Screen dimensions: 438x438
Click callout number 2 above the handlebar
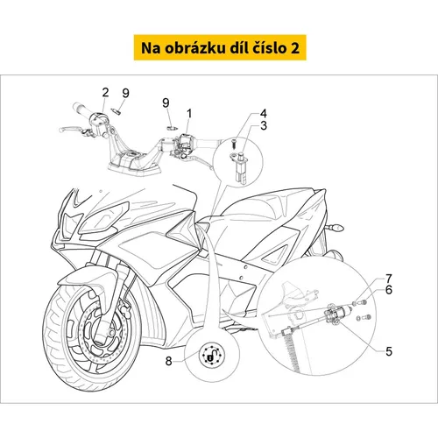(x=105, y=92)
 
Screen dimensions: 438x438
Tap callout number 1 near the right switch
(x=189, y=114)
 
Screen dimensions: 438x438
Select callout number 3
(x=264, y=125)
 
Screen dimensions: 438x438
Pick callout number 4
(x=264, y=113)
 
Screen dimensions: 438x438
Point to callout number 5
(x=389, y=351)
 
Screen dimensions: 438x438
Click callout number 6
(x=389, y=290)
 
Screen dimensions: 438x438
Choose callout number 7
(x=389, y=278)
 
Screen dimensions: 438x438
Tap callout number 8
(x=169, y=361)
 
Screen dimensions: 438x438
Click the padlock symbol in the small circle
(x=210, y=356)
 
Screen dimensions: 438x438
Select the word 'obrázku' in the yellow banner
(x=193, y=48)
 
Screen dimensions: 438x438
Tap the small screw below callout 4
(x=234, y=144)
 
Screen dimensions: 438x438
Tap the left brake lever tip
(x=60, y=130)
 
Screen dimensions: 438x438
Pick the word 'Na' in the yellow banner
(x=151, y=48)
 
